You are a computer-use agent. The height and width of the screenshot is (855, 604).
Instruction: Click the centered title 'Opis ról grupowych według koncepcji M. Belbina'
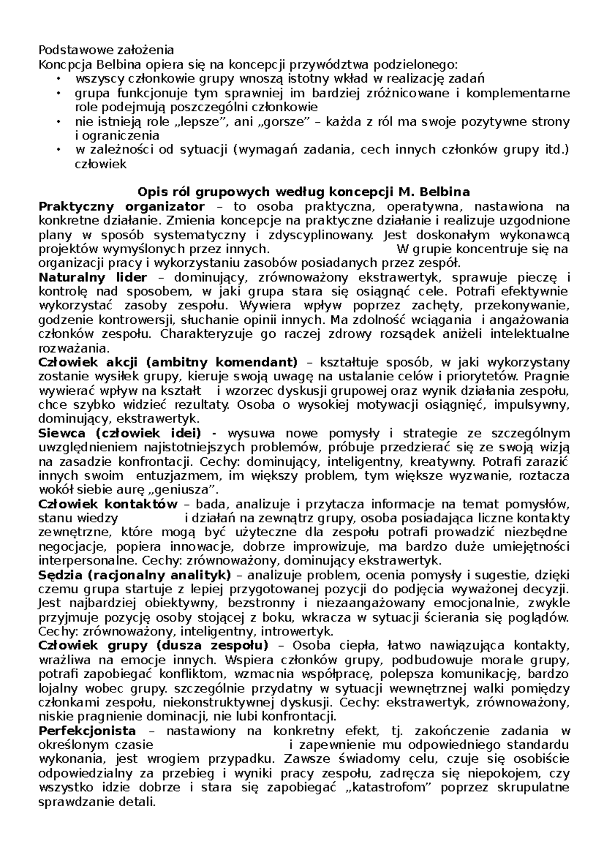tap(304, 192)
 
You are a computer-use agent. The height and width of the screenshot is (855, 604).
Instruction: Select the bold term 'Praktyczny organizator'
tap(121, 206)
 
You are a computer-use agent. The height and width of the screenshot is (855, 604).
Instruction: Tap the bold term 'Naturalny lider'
tap(93, 277)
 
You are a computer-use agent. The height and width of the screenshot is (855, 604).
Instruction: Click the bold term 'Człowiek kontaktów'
tap(108, 505)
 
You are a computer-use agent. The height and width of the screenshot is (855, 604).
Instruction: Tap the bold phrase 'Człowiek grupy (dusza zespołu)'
tap(153, 646)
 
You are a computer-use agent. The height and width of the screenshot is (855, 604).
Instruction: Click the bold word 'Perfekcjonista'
tap(87, 731)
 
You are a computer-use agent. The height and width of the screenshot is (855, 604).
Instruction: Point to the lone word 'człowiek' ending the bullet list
tap(101, 164)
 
